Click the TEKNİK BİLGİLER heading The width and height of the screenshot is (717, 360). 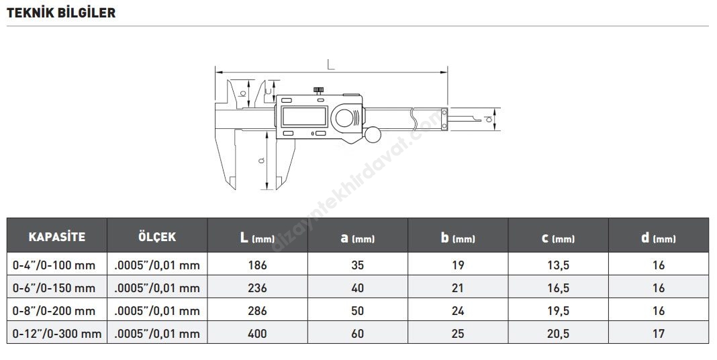point(61,13)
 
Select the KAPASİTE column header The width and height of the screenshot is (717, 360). point(56,237)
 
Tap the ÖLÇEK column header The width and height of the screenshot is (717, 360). point(157,236)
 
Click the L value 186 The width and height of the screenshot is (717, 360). point(257,265)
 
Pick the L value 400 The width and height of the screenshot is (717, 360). point(257,333)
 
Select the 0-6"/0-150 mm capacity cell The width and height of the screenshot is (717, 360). point(54,287)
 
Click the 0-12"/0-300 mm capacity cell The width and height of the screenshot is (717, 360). point(56,333)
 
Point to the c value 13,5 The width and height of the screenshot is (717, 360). point(558,265)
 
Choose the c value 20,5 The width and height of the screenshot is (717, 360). point(558,334)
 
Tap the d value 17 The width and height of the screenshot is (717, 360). point(659,333)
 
